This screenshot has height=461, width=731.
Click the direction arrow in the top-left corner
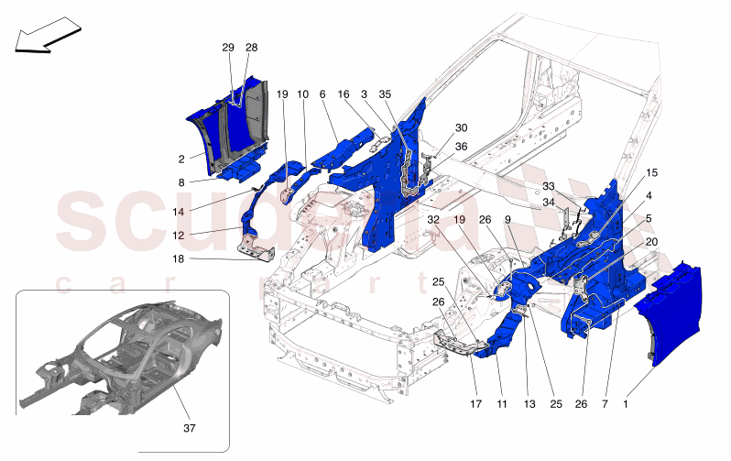pyautogui.click(x=45, y=40)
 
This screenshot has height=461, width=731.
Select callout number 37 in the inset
pyautogui.click(x=190, y=426)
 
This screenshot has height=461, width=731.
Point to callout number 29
pyautogui.click(x=228, y=47)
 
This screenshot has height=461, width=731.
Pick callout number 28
pyautogui.click(x=251, y=47)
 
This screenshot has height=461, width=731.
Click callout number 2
pyautogui.click(x=182, y=158)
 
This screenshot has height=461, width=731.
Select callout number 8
pyautogui.click(x=182, y=182)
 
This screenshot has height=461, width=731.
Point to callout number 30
pyautogui.click(x=461, y=127)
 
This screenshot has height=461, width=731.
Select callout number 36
pyautogui.click(x=461, y=147)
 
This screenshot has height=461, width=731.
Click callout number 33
pyautogui.click(x=549, y=186)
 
